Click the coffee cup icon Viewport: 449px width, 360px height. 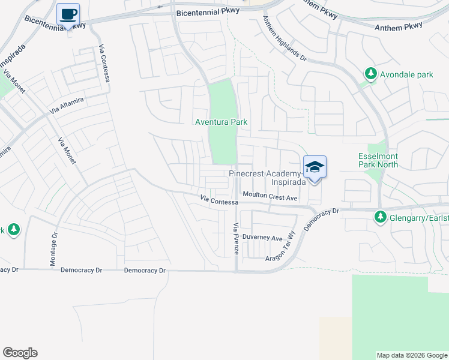pos(68,13)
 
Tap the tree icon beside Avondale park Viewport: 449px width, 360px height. pos(371,74)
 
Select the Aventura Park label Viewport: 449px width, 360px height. pos(221,122)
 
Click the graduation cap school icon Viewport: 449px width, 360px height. pos(315,167)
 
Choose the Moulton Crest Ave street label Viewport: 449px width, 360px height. pos(270,196)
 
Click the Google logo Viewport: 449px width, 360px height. pos(20,353)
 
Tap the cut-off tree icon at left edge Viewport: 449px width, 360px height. pos(12,229)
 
